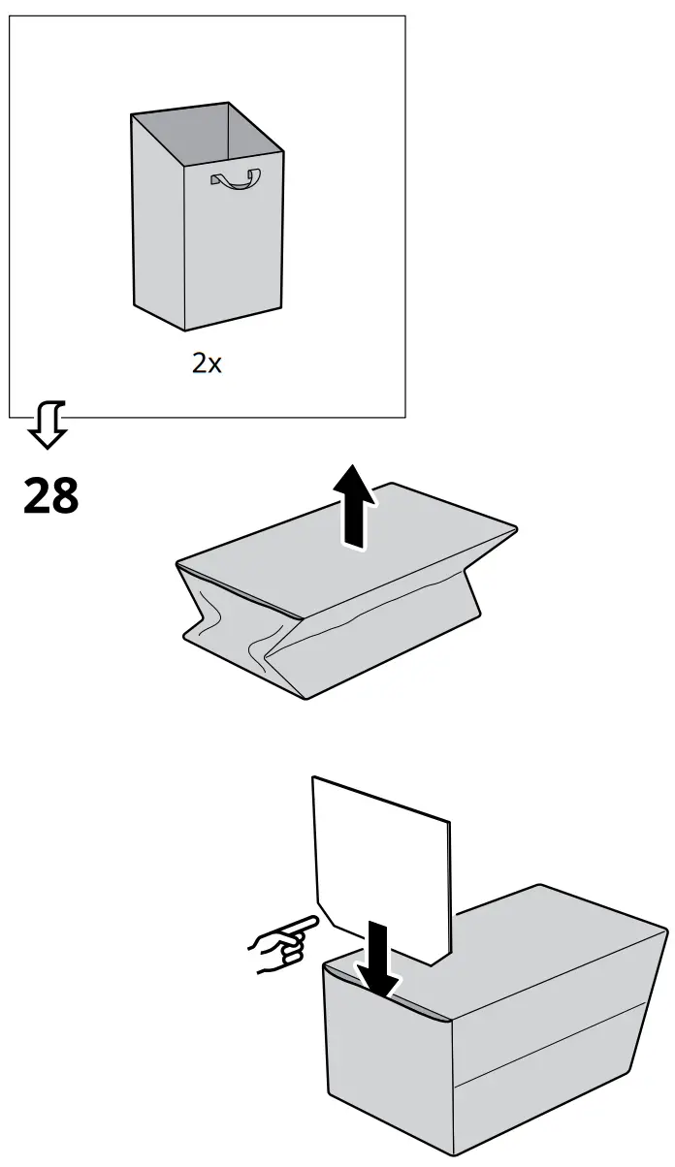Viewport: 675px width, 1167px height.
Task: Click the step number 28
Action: (50, 497)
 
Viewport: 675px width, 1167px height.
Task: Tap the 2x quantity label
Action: (206, 364)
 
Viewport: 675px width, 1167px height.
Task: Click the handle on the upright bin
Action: (237, 179)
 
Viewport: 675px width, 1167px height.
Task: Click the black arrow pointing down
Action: (379, 960)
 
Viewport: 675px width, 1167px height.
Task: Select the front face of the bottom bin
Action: (388, 1057)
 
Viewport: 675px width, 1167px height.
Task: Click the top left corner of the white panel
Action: (314, 777)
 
